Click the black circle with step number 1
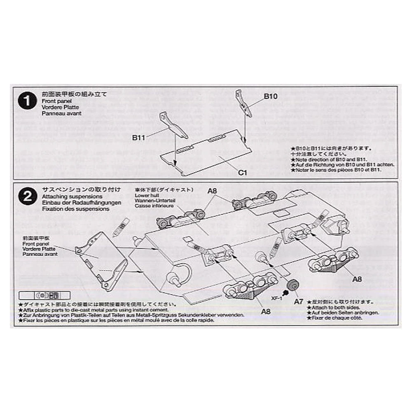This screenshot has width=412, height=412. point(28,102)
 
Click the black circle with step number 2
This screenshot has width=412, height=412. point(28,197)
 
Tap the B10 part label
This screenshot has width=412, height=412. point(271,96)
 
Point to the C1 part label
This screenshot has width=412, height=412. point(242,173)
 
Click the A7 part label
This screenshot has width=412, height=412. point(299,301)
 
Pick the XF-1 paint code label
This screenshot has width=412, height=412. point(276,298)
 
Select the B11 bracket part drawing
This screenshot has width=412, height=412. point(173,125)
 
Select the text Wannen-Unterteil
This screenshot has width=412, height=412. point(152,200)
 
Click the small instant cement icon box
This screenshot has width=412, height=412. point(44,295)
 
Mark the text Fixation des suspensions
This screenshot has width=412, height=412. point(75,208)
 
